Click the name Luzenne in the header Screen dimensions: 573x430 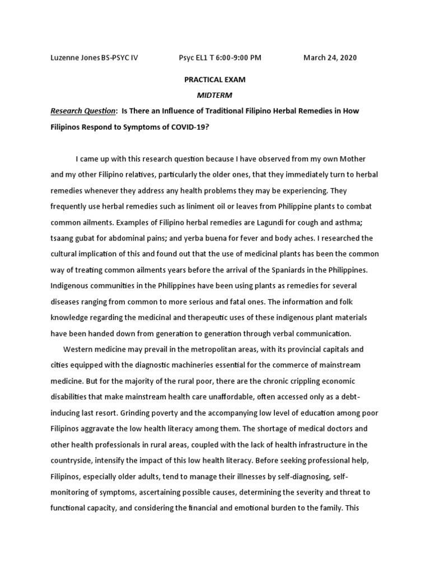coord(64,58)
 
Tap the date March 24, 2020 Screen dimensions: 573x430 coord(330,58)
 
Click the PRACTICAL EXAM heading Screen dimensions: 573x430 coord(215,80)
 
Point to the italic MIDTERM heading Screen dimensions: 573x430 coord(215,95)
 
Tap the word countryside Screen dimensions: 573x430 coord(74,460)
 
